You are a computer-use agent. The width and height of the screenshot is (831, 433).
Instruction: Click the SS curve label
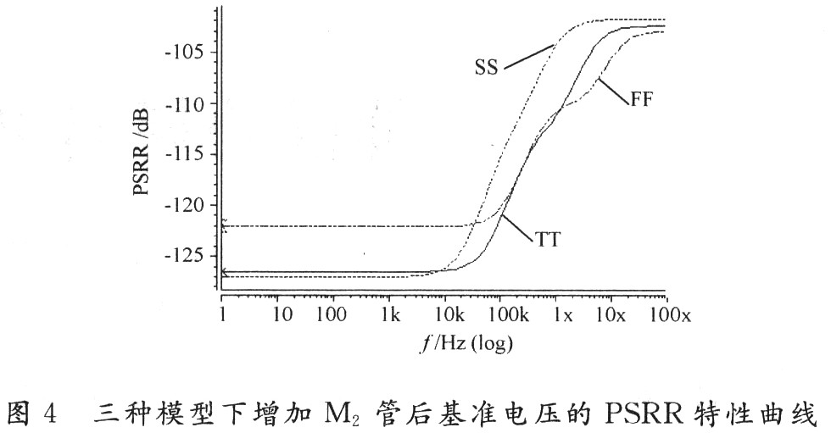pyautogui.click(x=487, y=66)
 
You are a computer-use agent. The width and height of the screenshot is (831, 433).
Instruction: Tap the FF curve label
pyautogui.click(x=642, y=98)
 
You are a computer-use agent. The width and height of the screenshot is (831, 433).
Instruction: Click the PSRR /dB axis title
pyautogui.click(x=142, y=153)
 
